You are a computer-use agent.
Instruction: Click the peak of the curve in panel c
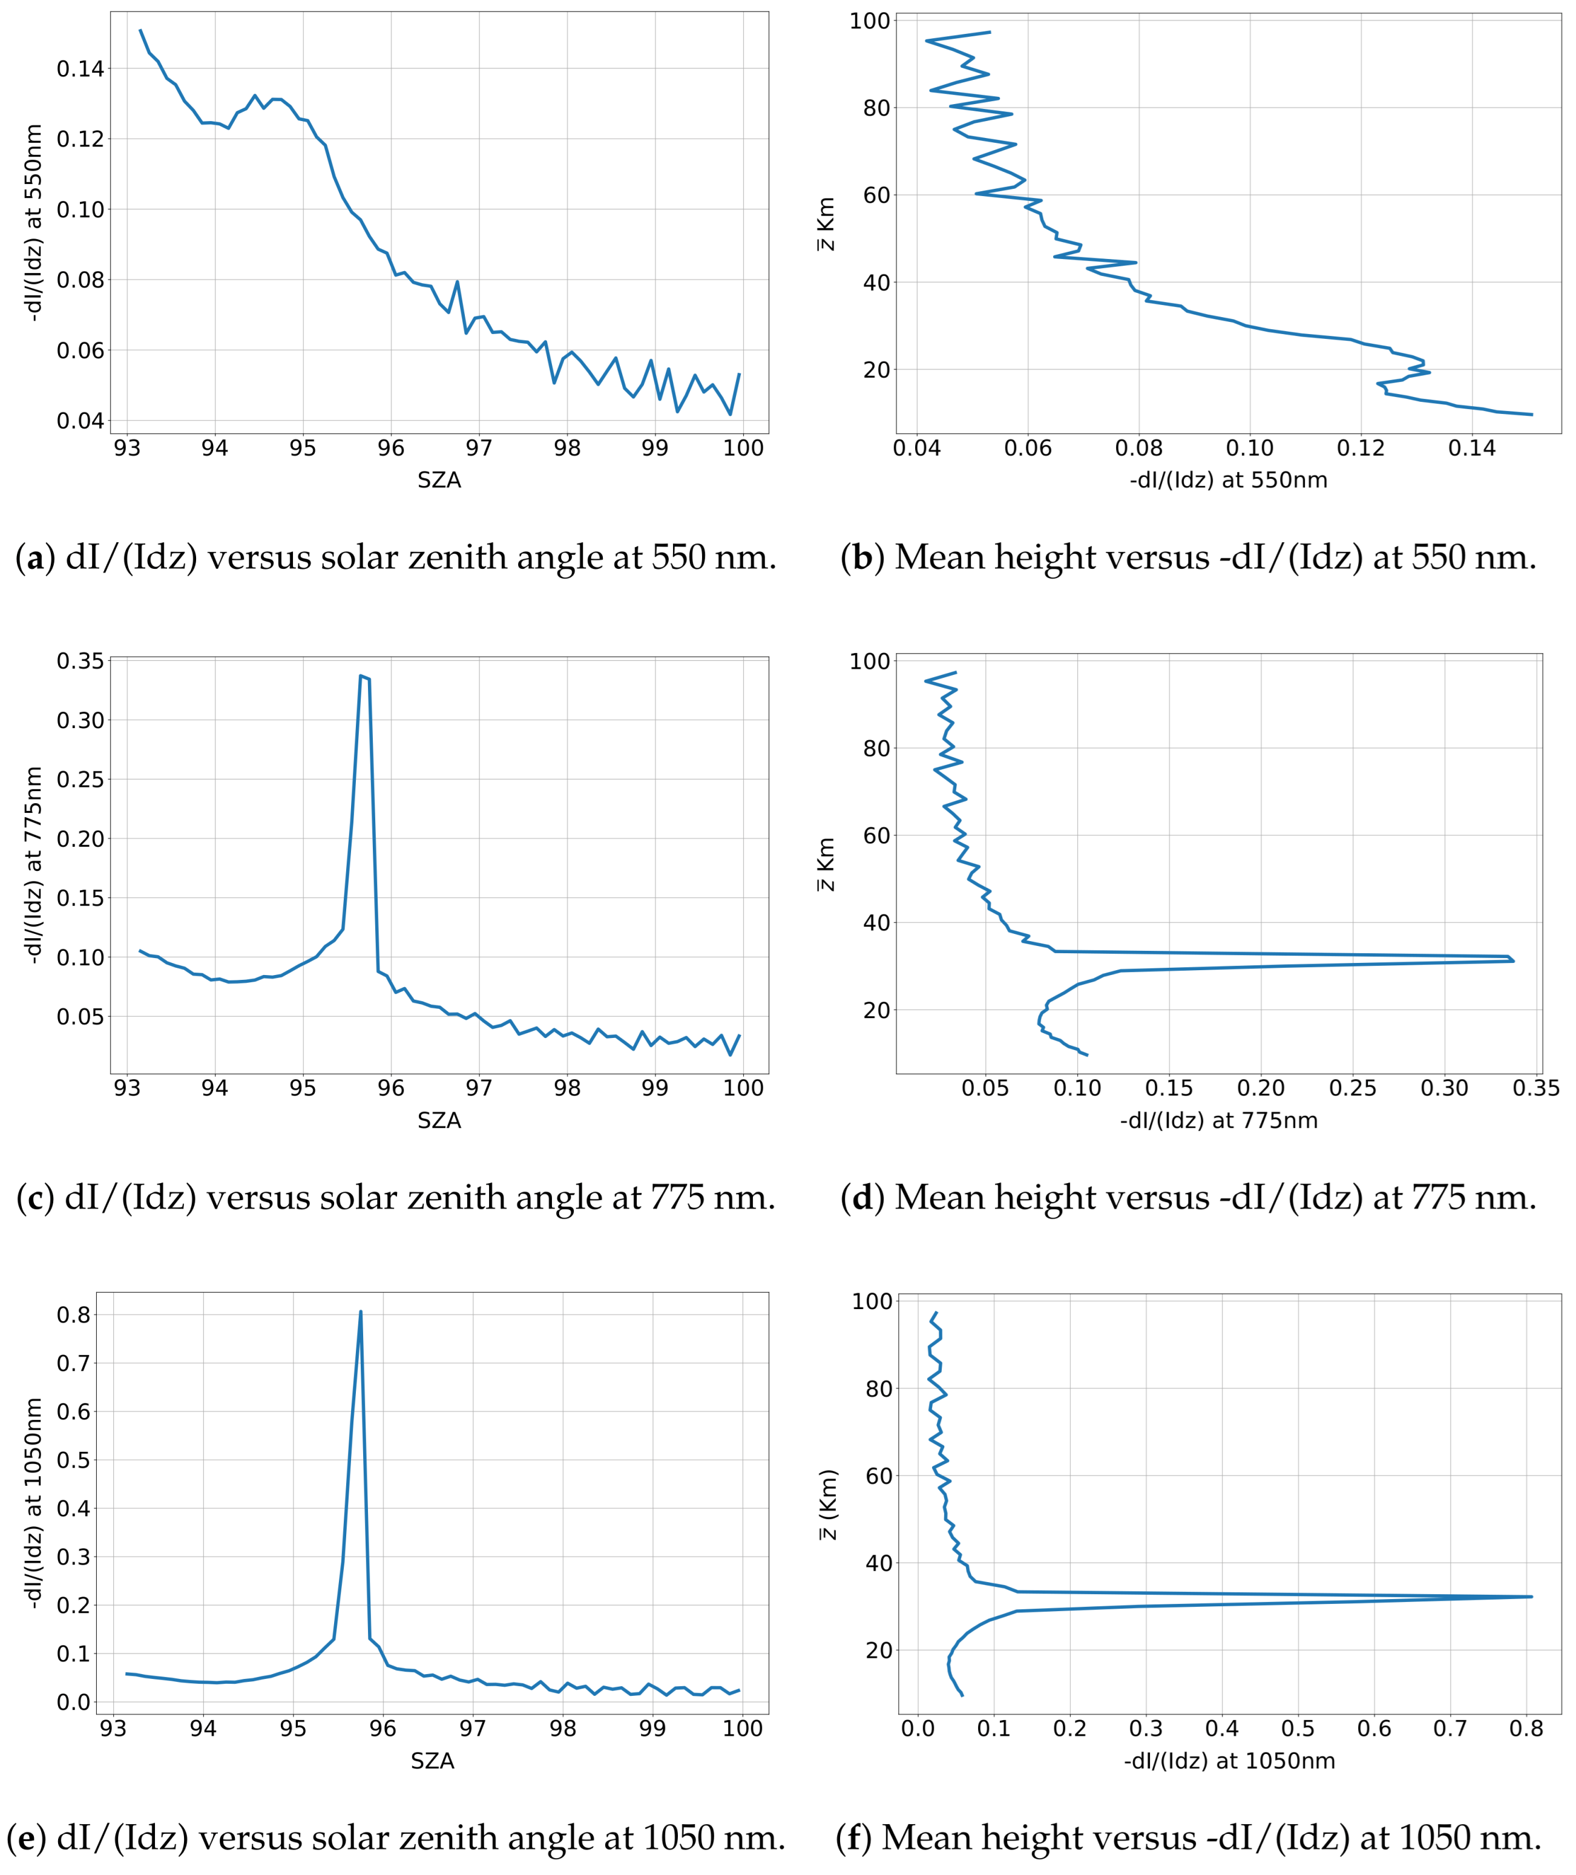[x=361, y=676]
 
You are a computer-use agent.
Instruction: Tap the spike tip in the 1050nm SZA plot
[x=361, y=1312]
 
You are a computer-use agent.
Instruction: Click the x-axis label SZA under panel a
[x=439, y=481]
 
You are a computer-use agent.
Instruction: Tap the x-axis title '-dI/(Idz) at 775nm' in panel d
[x=1219, y=1120]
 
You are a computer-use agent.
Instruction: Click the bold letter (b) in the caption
[x=861, y=557]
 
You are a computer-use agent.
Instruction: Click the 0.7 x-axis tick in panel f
[x=1450, y=1729]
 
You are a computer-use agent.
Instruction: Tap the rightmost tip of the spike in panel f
[x=1531, y=1597]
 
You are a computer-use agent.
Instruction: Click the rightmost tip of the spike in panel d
[x=1514, y=960]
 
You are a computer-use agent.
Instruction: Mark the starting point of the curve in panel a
[x=140, y=30]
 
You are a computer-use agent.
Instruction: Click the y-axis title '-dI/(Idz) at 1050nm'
[x=33, y=1503]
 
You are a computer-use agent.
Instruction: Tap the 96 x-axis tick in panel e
[x=383, y=1729]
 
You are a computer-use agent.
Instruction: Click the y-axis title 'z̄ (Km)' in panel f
[x=828, y=1504]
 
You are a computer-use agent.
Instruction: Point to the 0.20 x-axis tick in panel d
[x=1261, y=1088]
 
